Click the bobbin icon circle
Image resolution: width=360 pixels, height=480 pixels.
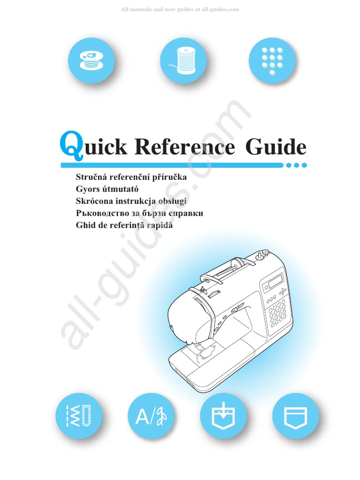(x=91, y=60)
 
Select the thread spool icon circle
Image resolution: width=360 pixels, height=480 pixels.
(x=183, y=60)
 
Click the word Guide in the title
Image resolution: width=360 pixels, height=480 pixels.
(x=276, y=148)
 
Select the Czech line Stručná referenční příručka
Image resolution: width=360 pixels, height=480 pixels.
(x=131, y=178)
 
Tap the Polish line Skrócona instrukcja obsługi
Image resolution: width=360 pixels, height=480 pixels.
(x=132, y=201)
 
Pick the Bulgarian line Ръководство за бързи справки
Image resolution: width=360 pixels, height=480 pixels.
(x=139, y=213)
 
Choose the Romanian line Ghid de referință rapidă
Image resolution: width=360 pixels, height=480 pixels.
(x=124, y=225)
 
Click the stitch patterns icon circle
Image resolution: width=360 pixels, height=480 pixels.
(x=78, y=416)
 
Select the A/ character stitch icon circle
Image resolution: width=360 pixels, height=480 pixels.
(x=150, y=416)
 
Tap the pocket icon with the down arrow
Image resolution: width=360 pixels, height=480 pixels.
(x=223, y=416)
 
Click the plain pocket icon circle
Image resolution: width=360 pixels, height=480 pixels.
(x=295, y=416)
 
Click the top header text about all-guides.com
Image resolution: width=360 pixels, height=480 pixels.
(x=180, y=9)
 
